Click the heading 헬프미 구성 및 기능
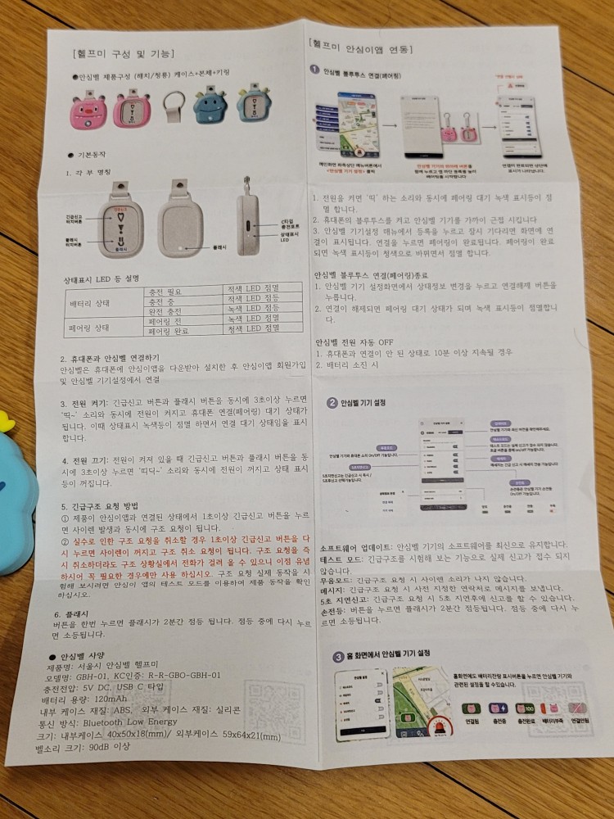coord(124,54)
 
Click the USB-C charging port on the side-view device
coord(249,222)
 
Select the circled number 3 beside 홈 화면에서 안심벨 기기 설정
coord(338,656)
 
